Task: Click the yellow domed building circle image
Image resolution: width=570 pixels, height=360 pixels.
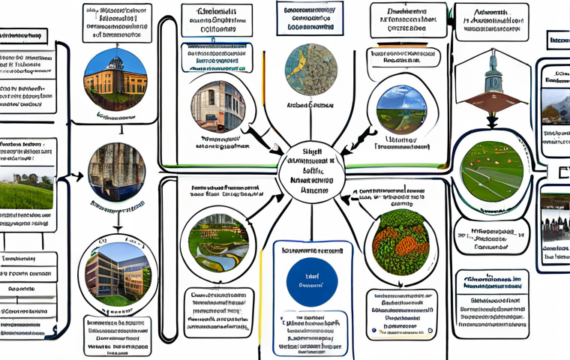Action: coord(115,77)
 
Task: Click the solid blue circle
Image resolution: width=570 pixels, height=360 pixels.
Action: coord(312,281)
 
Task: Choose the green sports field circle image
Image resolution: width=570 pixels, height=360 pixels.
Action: coord(491,169)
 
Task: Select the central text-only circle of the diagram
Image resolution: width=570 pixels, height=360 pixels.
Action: coord(310,171)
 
